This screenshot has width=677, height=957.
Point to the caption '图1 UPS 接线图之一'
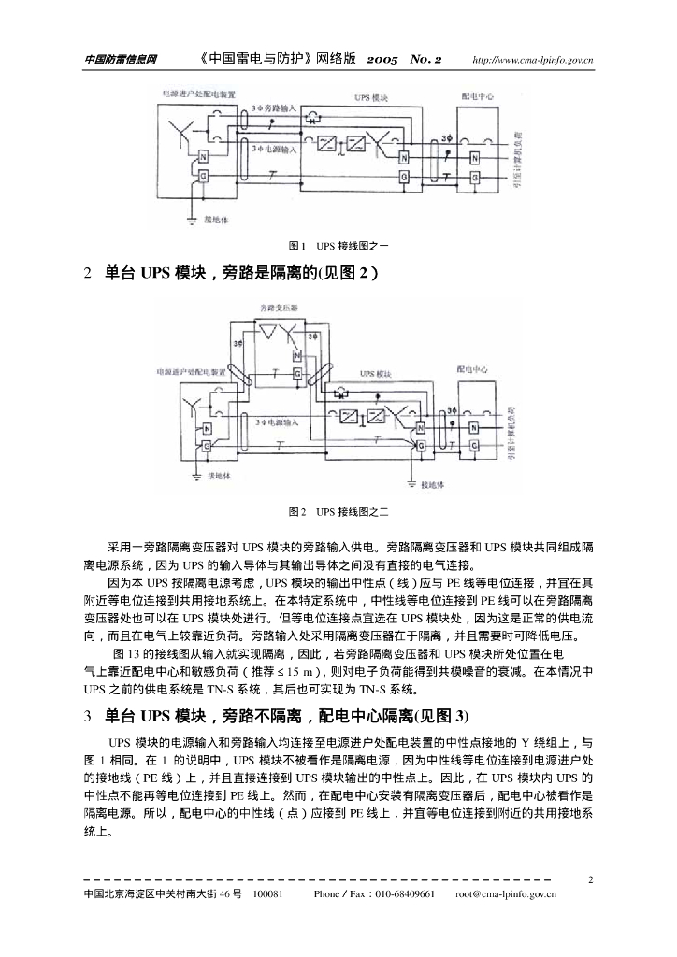[338, 245]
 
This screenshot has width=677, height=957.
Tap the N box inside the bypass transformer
[296, 356]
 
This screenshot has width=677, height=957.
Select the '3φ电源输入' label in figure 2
[277, 422]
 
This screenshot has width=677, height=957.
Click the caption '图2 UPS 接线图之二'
[338, 511]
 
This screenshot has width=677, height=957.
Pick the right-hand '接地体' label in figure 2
[435, 485]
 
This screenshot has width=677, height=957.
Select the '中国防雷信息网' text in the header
[121, 61]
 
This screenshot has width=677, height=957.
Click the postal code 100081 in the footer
[268, 894]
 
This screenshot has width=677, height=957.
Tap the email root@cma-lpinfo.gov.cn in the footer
[506, 894]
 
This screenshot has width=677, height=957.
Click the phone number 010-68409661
[406, 894]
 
